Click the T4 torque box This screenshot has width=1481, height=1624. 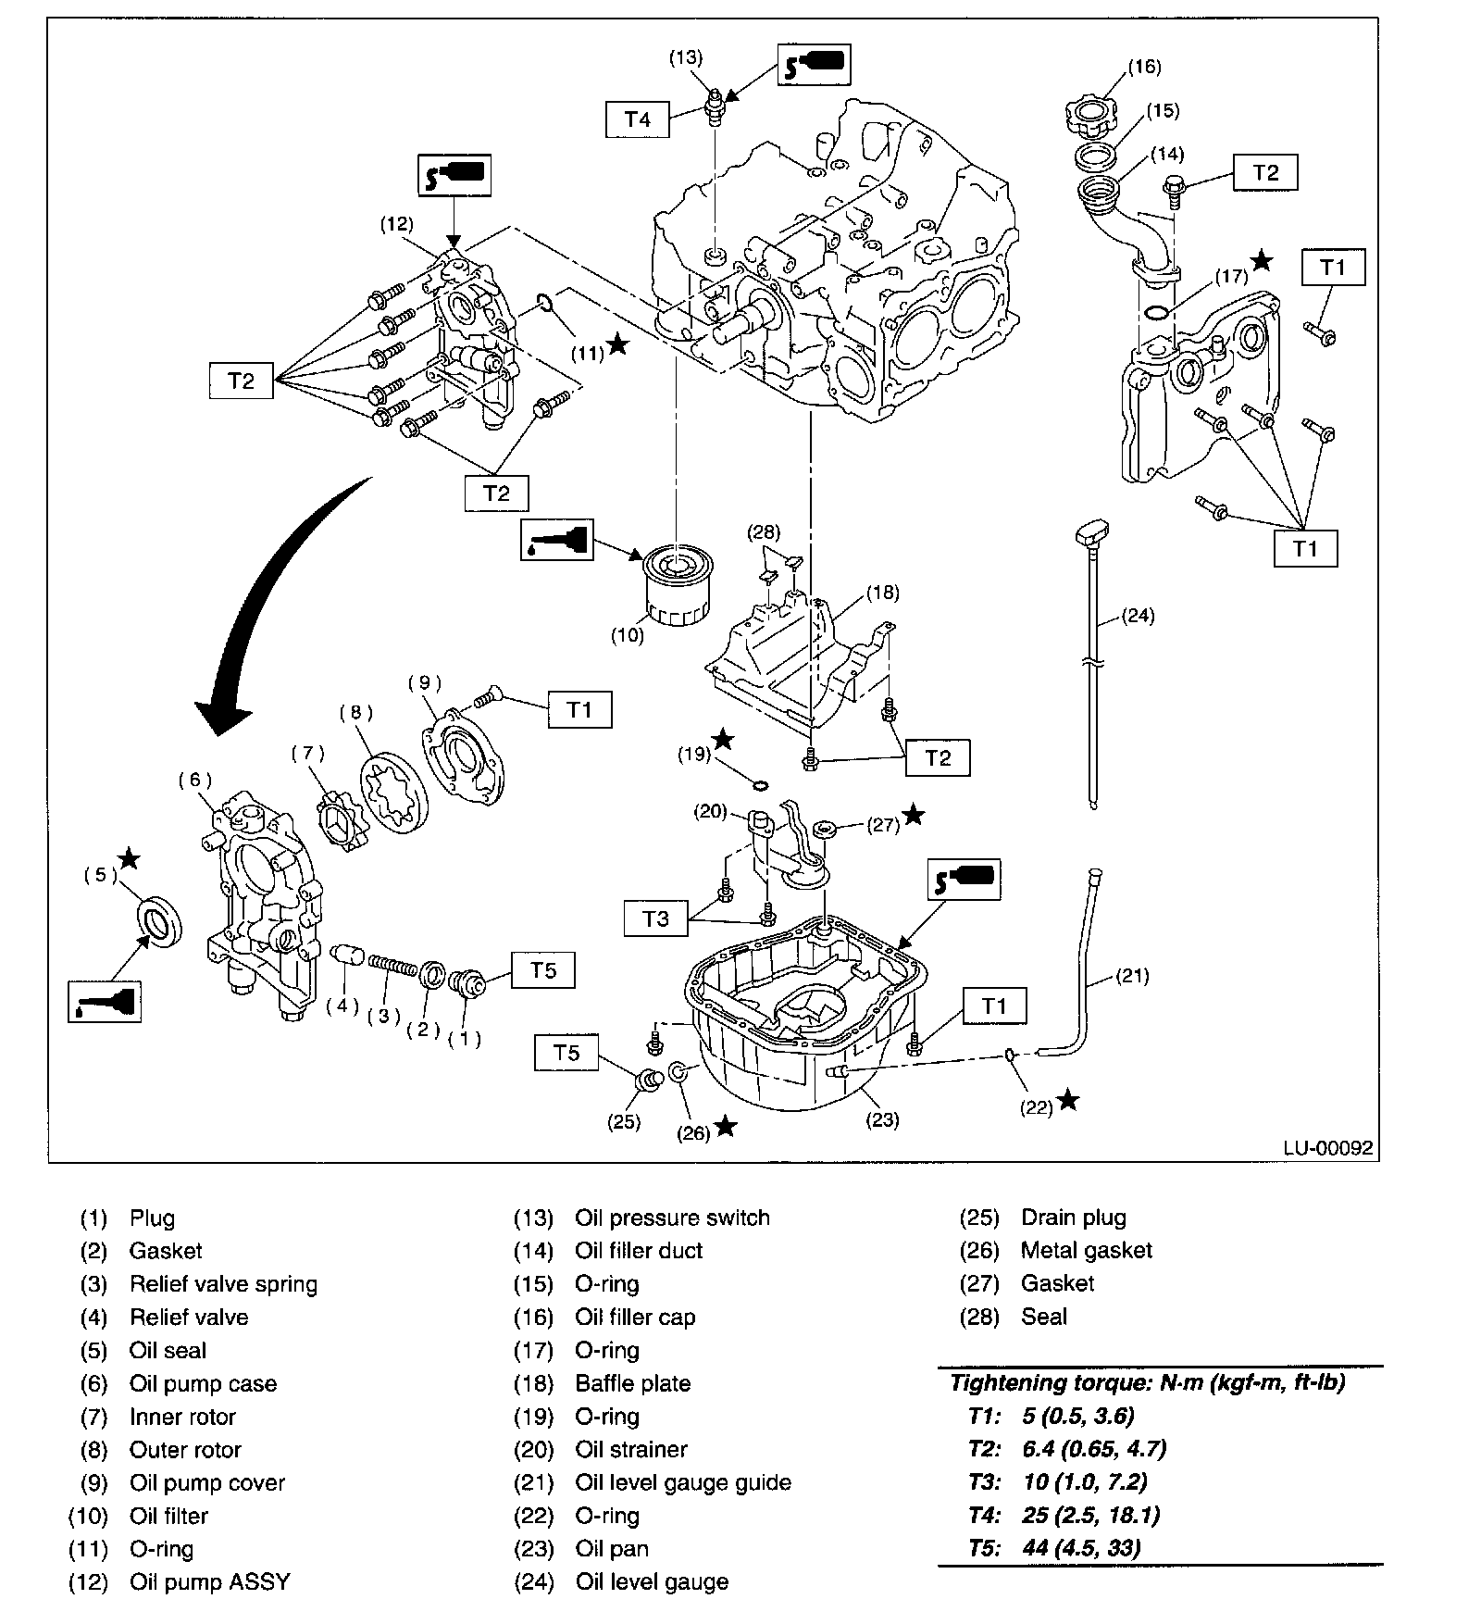(x=637, y=119)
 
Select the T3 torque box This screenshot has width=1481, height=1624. (x=655, y=918)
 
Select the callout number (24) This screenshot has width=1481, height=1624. (x=1137, y=616)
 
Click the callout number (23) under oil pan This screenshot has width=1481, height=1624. (x=881, y=1119)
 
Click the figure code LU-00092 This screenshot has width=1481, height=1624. (x=1327, y=1148)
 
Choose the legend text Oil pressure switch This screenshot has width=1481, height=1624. (x=672, y=1218)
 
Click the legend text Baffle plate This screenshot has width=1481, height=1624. (x=633, y=1383)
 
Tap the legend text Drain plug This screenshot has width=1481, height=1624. (x=1074, y=1218)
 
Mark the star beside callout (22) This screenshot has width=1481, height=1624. (x=1068, y=1100)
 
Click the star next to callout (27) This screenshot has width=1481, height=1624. (x=913, y=815)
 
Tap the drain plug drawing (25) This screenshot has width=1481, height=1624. (x=648, y=1081)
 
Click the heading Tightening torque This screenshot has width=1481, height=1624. (x=1148, y=1383)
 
